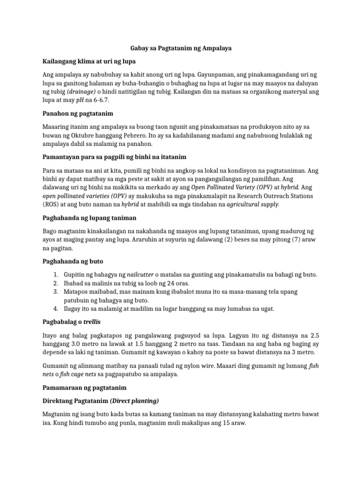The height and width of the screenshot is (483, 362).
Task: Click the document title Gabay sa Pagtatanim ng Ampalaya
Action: pyautogui.click(x=181, y=48)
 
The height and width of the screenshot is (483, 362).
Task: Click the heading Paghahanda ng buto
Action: pyautogui.click(x=73, y=261)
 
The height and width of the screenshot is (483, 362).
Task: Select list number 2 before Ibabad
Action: pyautogui.click(x=55, y=283)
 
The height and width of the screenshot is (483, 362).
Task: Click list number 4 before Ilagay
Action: pyautogui.click(x=55, y=309)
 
